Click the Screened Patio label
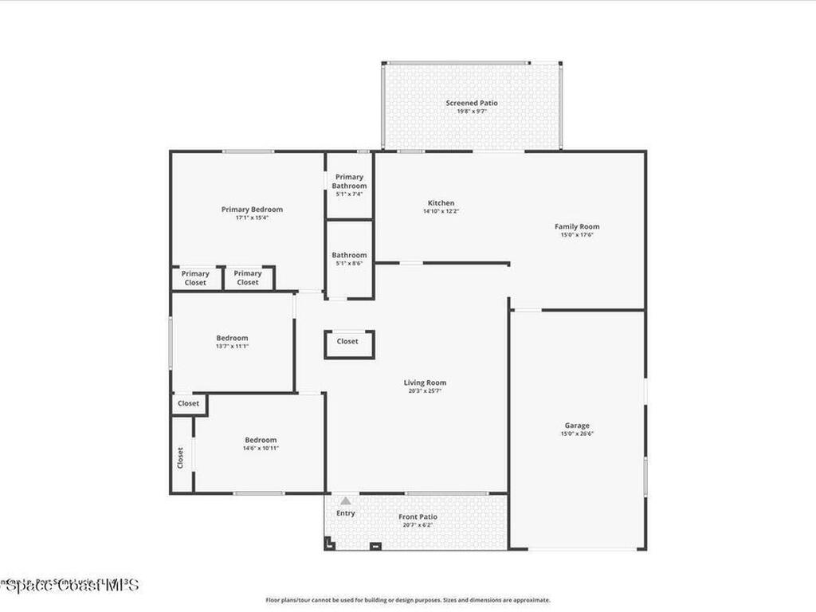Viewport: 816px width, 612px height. pos(473,103)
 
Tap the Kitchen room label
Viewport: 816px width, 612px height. pos(441,203)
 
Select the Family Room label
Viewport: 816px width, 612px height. pos(577,226)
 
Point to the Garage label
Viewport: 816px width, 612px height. pos(577,426)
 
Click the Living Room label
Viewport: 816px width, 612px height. pos(425,382)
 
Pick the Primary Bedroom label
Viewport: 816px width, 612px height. pos(252,210)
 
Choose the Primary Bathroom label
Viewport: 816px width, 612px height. pos(349,181)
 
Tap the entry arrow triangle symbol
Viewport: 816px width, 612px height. pos(345,501)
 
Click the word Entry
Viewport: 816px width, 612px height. pos(345,513)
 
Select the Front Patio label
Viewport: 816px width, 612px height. pos(418,517)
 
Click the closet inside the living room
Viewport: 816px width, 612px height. pos(347,342)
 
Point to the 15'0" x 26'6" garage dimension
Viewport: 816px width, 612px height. pos(577,434)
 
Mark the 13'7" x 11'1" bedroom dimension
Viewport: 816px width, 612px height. pos(232,347)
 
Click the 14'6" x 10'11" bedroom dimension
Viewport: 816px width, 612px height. pos(261,449)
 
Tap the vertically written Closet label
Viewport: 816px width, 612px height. pos(180,457)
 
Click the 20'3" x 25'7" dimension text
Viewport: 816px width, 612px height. pos(425,391)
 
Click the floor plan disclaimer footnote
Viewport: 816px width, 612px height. pos(407,600)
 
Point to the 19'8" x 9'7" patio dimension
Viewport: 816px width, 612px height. pos(472,112)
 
